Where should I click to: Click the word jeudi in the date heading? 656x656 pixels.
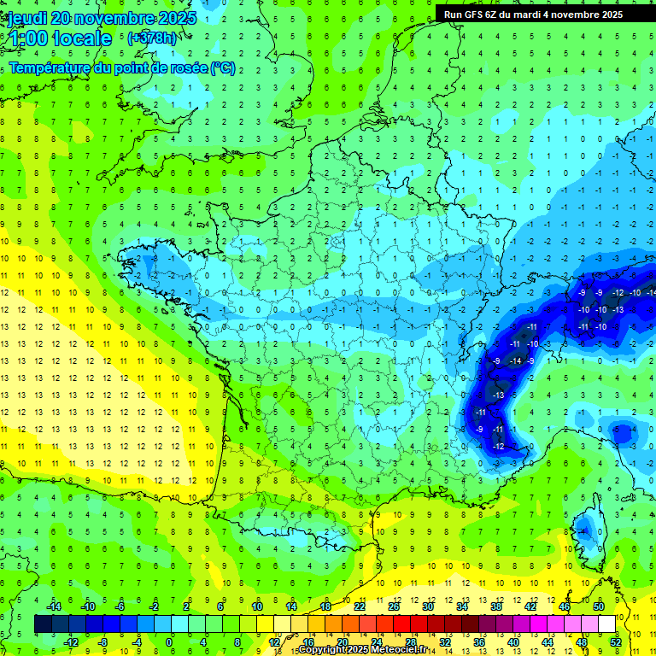coord(26,19)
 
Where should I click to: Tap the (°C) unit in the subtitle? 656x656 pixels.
coord(223,67)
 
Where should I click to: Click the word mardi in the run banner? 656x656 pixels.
coord(544,15)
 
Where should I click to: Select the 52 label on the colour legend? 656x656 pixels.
coord(616,642)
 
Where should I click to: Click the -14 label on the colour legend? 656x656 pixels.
coord(54,606)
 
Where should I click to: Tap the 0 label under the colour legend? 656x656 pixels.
coord(170,642)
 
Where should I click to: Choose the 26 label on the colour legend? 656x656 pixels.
coord(394,606)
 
